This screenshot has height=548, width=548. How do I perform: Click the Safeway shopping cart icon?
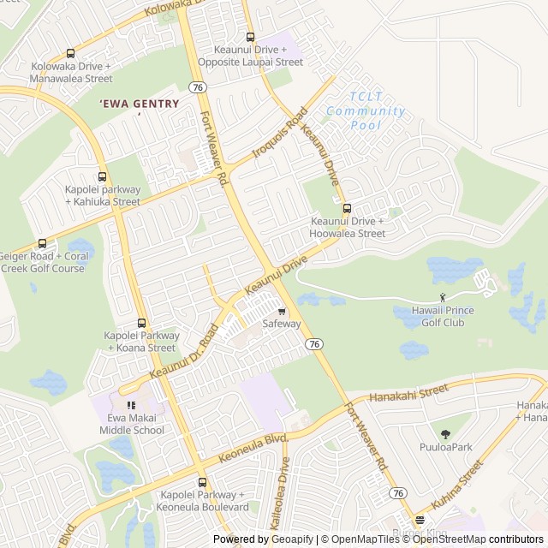point(282,312)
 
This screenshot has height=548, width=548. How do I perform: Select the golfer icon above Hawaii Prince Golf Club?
point(443,297)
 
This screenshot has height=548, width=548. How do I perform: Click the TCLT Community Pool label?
point(366,111)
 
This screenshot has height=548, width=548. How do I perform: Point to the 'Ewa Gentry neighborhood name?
point(140,104)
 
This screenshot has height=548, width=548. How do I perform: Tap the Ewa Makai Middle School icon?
point(131,405)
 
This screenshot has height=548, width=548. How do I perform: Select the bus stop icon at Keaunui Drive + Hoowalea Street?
point(347,208)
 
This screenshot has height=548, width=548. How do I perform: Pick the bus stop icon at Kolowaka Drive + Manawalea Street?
point(70,53)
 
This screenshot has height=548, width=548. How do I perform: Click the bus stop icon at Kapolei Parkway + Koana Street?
point(141,323)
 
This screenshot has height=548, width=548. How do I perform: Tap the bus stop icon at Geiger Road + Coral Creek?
point(42,244)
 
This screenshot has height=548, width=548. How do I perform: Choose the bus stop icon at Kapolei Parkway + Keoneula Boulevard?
point(203,482)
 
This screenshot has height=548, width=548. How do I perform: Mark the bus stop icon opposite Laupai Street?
point(250,37)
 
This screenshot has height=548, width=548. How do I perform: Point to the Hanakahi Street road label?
point(408,393)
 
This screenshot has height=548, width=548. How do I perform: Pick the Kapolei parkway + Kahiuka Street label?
point(103,195)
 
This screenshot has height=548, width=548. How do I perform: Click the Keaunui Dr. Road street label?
point(184,353)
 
